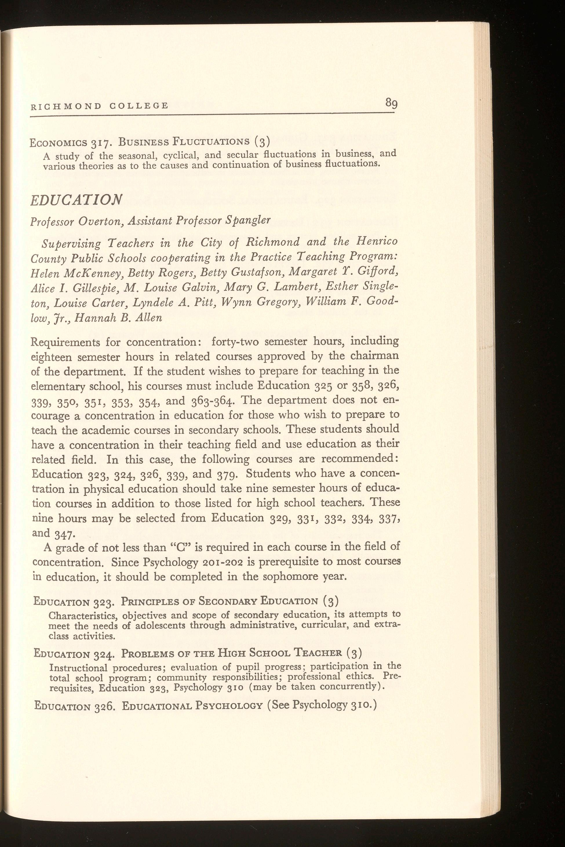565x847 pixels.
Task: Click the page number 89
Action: click(391, 103)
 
